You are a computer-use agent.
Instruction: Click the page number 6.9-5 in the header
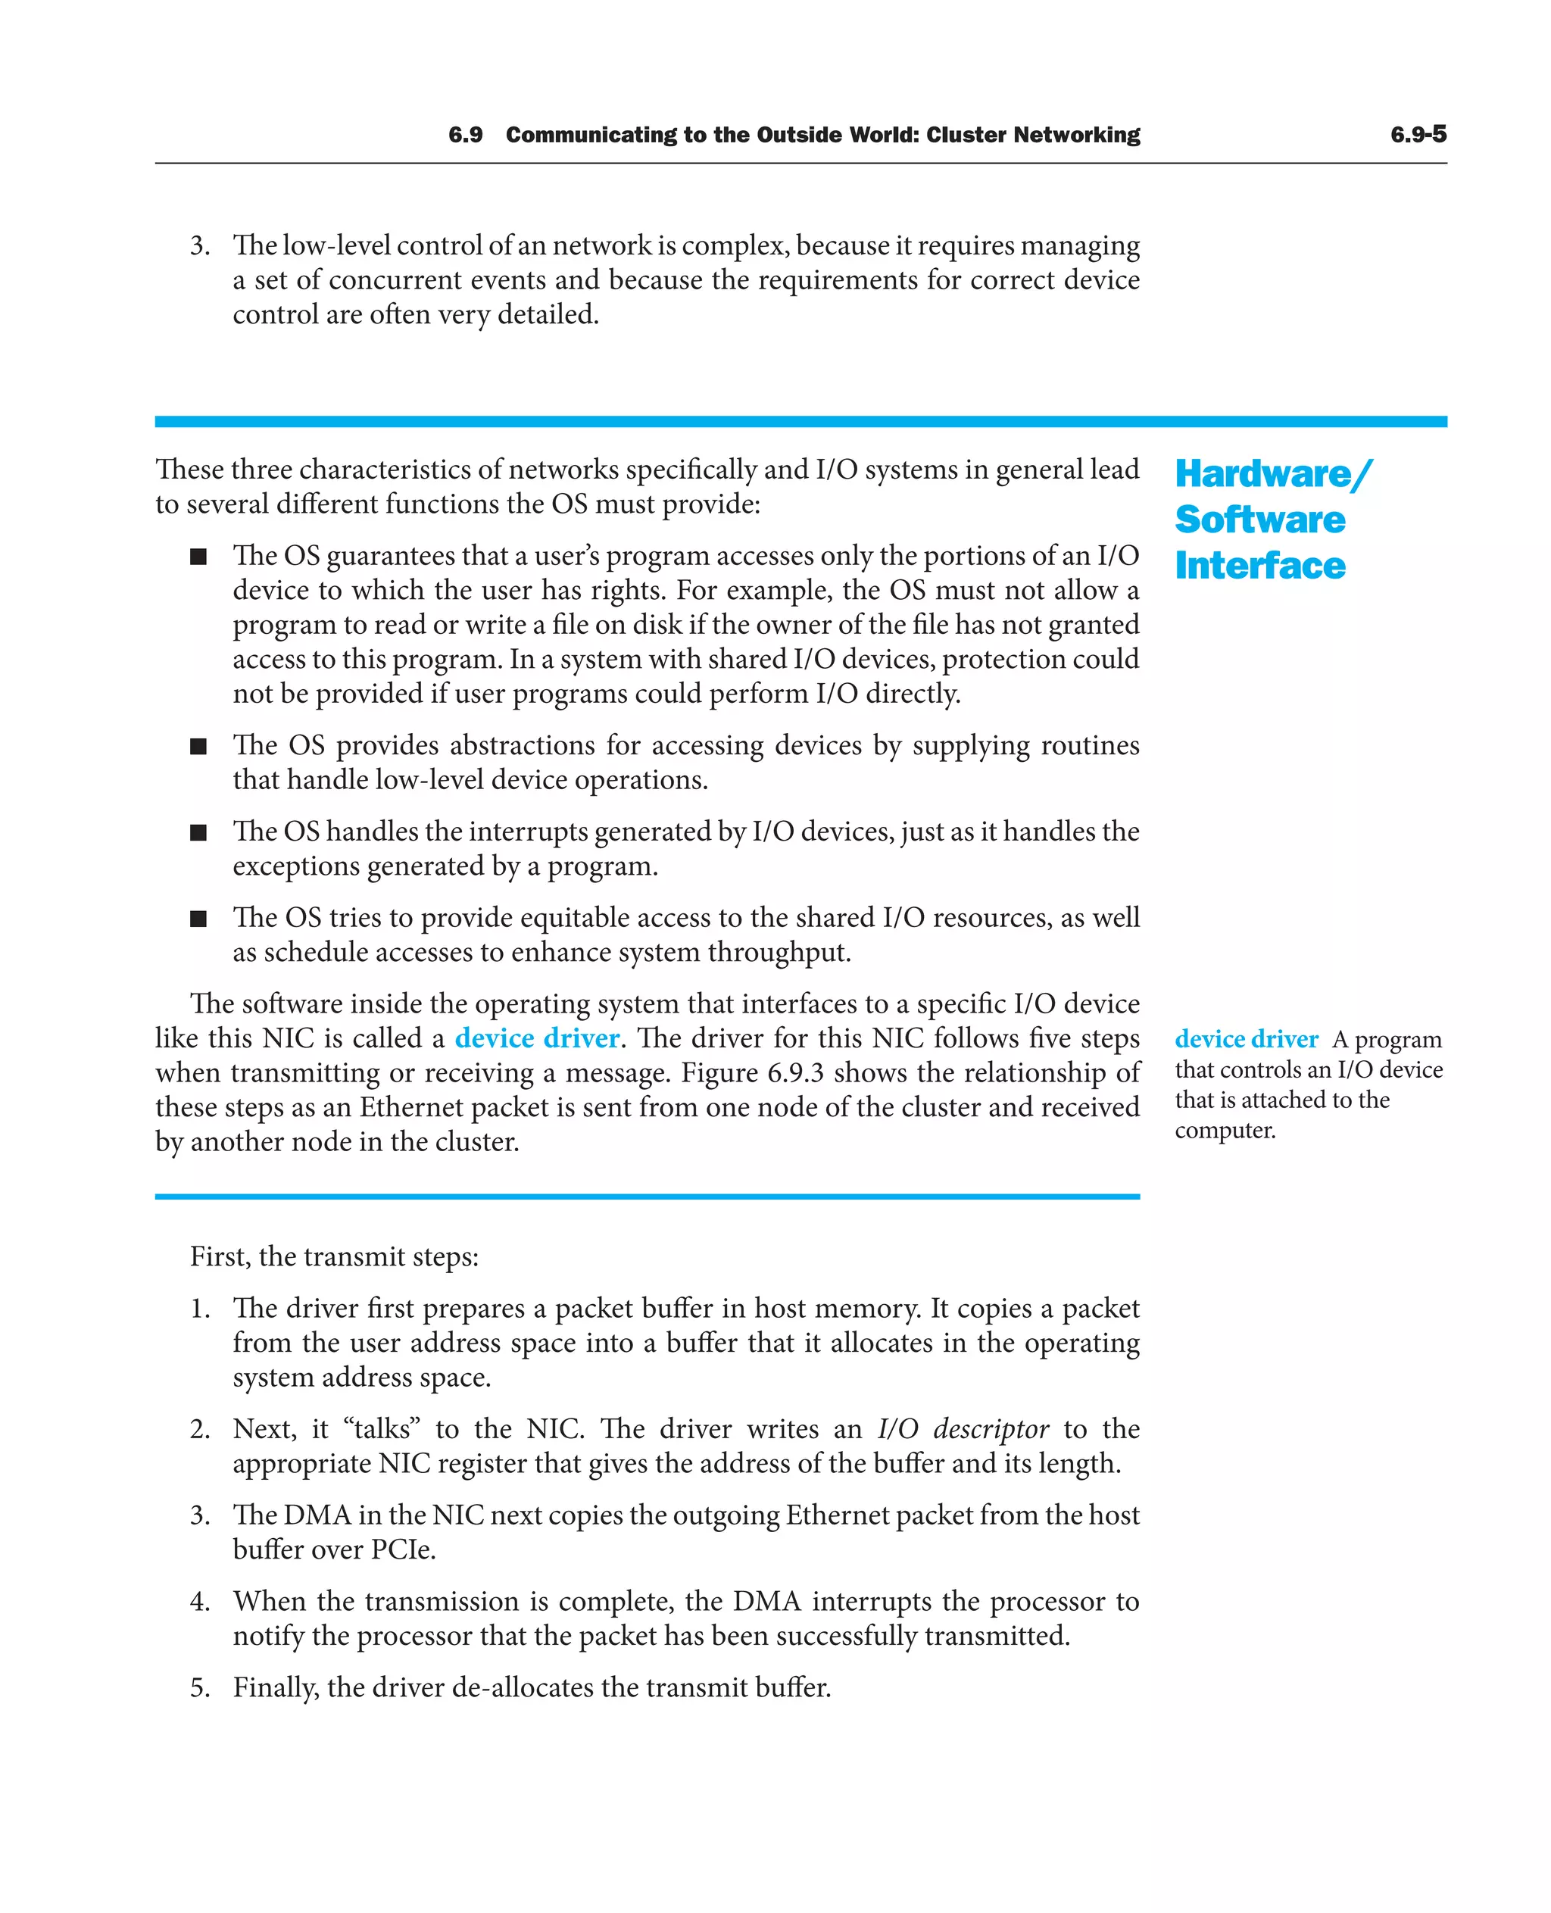pyautogui.click(x=1418, y=135)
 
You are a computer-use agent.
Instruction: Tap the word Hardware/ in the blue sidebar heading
pyautogui.click(x=1272, y=473)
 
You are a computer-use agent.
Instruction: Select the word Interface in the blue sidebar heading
pyautogui.click(x=1259, y=566)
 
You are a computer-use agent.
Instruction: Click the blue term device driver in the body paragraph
pyautogui.click(x=537, y=1038)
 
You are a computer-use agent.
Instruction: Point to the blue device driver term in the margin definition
pyautogui.click(x=1247, y=1039)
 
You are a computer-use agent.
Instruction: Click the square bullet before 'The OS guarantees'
pyautogui.click(x=198, y=557)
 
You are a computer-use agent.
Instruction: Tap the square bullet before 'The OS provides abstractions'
pyautogui.click(x=198, y=747)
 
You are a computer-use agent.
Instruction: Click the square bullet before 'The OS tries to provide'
pyautogui.click(x=198, y=919)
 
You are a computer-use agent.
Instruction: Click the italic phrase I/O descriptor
pyautogui.click(x=963, y=1429)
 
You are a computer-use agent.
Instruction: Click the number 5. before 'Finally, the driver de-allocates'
pyautogui.click(x=200, y=1688)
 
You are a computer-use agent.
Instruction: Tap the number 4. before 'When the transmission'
pyautogui.click(x=200, y=1601)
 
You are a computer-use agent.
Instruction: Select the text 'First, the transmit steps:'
pyautogui.click(x=334, y=1257)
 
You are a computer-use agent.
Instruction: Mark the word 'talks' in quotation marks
pyautogui.click(x=382, y=1429)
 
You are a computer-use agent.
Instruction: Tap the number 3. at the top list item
pyautogui.click(x=200, y=245)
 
